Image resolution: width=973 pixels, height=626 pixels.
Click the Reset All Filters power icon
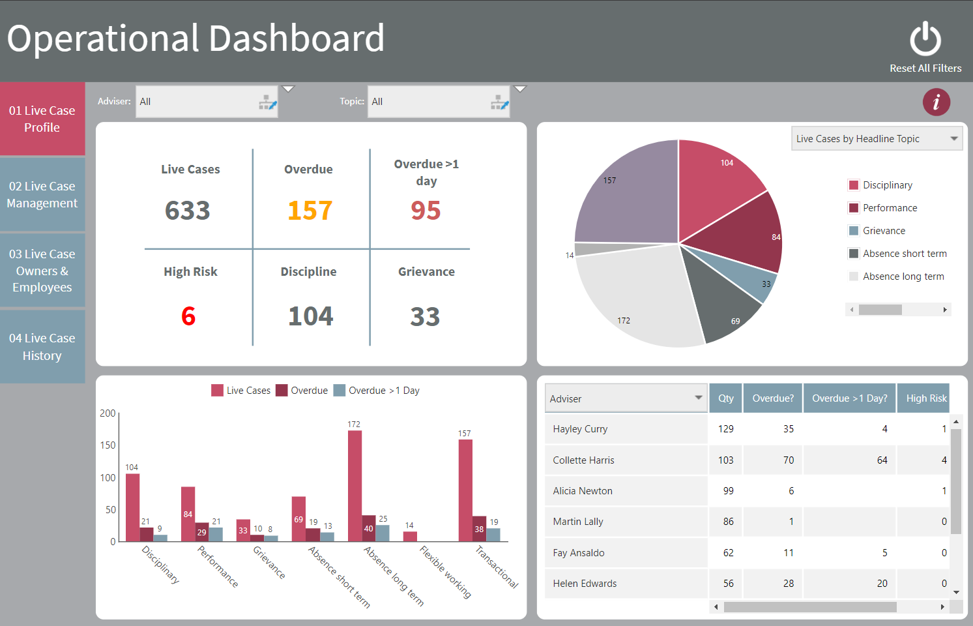click(x=925, y=40)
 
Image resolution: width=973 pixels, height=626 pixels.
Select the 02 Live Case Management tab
click(x=42, y=194)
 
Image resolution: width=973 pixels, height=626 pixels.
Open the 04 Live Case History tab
click(x=42, y=347)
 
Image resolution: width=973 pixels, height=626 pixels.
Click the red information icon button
click(x=936, y=102)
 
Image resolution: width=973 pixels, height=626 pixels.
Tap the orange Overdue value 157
click(x=310, y=211)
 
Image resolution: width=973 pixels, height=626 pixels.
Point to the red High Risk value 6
click(x=188, y=316)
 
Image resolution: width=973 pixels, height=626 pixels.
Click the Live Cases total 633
click(x=188, y=211)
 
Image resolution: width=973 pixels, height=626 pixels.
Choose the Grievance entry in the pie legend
click(x=884, y=231)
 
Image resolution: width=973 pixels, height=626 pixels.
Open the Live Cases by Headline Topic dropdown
click(x=877, y=139)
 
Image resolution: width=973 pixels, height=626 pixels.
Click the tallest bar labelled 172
click(x=355, y=486)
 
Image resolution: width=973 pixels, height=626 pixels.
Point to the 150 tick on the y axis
click(x=108, y=445)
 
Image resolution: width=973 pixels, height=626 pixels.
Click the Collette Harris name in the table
click(x=583, y=460)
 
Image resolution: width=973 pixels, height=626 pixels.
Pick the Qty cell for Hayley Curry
click(x=725, y=429)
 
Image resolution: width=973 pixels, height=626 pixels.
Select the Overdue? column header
click(x=773, y=398)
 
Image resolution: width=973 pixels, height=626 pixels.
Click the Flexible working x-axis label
click(x=445, y=571)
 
